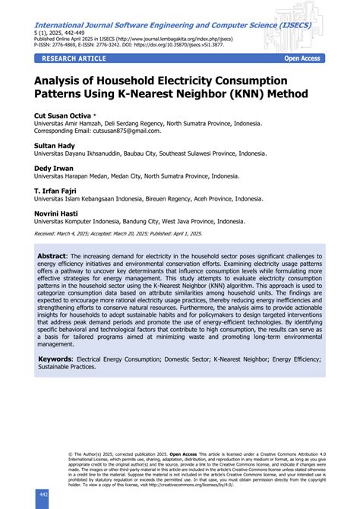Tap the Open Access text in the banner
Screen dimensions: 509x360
point(302,58)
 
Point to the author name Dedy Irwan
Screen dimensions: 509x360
point(52,168)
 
